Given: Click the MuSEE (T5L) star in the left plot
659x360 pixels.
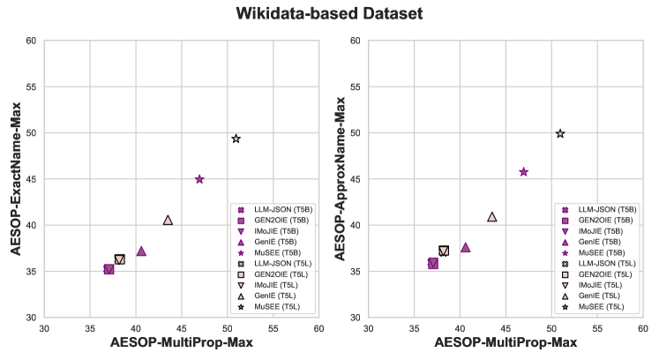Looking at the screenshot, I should pyautogui.click(x=236, y=139).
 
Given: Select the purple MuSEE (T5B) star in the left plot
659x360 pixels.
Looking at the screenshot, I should pyautogui.click(x=199, y=179).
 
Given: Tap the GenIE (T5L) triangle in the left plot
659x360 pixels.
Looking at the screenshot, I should pyautogui.click(x=168, y=220).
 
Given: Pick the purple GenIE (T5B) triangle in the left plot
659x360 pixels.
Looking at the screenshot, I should pyautogui.click(x=141, y=251).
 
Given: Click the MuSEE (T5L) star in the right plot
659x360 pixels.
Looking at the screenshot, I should pyautogui.click(x=559, y=133).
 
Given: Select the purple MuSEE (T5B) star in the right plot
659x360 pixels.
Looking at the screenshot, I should pyautogui.click(x=523, y=172).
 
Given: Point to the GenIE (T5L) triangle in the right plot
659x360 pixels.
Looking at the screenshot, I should pyautogui.click(x=492, y=216).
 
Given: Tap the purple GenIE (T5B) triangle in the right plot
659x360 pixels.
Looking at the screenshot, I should pyautogui.click(x=465, y=247).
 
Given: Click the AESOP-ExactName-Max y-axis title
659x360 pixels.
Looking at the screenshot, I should pyautogui.click(x=16, y=179).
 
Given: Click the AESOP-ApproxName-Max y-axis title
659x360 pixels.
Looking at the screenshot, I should pyautogui.click(x=341, y=179).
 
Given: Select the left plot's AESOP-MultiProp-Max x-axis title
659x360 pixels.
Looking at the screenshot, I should pyautogui.click(x=181, y=342).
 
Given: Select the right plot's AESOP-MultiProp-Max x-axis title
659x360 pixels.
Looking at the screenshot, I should pyautogui.click(x=505, y=342).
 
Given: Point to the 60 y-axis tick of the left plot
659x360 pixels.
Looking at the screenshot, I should pyautogui.click(x=32, y=41).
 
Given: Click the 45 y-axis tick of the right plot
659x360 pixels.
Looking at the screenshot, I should pyautogui.click(x=356, y=179).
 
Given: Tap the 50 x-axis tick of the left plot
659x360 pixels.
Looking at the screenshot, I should pyautogui.click(x=227, y=327).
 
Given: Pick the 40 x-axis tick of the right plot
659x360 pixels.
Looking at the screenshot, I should pyautogui.click(x=460, y=327).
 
